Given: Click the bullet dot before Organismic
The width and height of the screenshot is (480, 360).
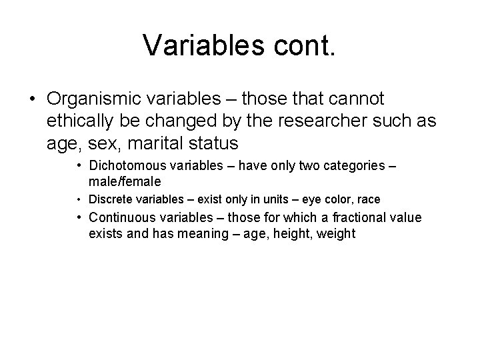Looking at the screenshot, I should tap(32, 99).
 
